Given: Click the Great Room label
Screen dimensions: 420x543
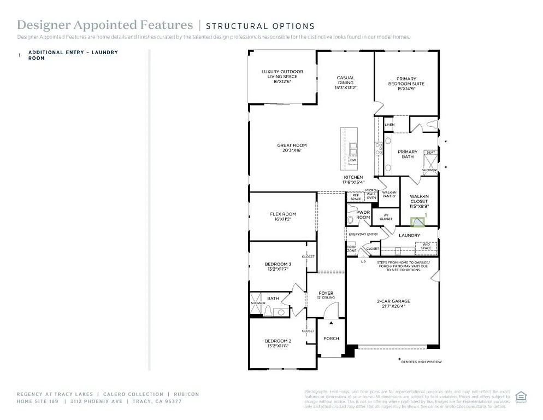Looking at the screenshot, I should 292,148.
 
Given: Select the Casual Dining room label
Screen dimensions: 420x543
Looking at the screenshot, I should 345,82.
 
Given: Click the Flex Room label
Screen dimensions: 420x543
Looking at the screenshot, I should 283,216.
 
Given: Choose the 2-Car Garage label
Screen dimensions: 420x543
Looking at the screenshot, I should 393,304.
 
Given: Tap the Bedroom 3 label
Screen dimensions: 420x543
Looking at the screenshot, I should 278,266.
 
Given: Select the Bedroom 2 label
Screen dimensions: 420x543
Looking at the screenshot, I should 278,343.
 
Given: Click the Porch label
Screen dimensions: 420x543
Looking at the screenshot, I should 331,339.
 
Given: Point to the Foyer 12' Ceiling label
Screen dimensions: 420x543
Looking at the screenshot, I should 326,296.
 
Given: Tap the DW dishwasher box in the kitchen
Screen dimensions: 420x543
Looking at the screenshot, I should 353,160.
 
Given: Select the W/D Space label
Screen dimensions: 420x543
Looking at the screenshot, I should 426,247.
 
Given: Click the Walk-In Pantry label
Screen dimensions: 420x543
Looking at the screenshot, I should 389,194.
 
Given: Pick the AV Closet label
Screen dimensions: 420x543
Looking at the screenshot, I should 386,217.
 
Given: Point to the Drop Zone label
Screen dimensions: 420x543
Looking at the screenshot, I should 351,248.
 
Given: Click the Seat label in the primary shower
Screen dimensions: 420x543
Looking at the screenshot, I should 430,153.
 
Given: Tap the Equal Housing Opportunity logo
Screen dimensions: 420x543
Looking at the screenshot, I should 521,396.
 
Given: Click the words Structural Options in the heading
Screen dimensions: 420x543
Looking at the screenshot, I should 260,26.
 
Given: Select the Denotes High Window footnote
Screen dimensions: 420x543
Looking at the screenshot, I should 421,361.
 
